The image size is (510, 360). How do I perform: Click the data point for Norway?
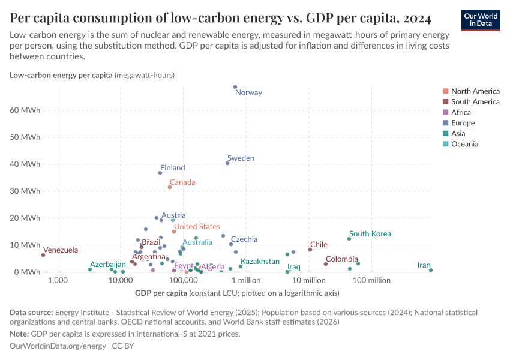click(235, 87)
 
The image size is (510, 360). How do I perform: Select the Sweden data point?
click(227, 163)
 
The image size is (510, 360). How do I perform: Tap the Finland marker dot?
click(160, 173)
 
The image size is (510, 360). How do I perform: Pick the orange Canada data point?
click(170, 187)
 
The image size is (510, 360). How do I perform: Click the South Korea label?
click(370, 234)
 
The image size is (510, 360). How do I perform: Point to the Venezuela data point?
click(43, 255)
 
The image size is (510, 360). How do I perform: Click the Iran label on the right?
click(424, 265)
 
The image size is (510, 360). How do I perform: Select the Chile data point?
click(310, 250)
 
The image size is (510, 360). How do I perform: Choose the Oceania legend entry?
click(464, 144)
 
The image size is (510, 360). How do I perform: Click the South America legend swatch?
click(445, 102)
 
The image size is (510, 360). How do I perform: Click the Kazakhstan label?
click(260, 262)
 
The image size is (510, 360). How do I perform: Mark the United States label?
click(197, 227)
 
